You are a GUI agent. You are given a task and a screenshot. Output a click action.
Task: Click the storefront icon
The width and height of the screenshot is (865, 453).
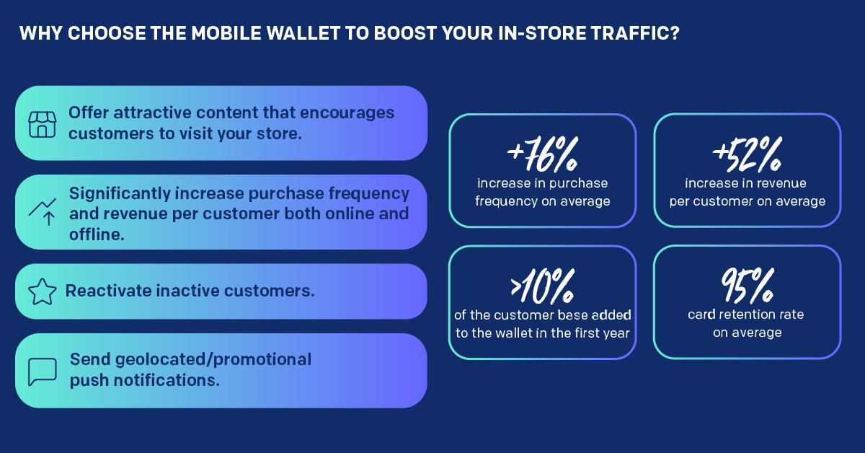tap(42, 125)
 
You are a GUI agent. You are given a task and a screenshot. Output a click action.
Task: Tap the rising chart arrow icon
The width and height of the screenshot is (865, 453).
tap(42, 212)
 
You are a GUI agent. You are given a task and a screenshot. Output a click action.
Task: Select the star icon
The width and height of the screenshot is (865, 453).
tap(42, 292)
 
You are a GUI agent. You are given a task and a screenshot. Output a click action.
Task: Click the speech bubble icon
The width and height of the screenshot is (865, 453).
tap(42, 371)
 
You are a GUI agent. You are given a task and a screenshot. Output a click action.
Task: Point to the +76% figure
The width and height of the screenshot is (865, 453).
tap(542, 154)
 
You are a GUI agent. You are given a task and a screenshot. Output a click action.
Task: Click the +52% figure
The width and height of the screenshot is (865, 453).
tap(748, 154)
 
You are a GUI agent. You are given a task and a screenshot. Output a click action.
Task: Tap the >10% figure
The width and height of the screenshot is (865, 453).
tap(542, 286)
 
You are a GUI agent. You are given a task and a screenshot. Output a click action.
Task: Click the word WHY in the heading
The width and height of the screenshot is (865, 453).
tap(41, 33)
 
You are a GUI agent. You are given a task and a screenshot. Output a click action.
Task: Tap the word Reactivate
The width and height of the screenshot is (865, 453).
tap(108, 291)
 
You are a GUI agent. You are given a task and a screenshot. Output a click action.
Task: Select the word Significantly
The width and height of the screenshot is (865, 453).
tap(120, 193)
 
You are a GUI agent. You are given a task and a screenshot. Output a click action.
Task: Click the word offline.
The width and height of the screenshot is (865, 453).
tap(97, 234)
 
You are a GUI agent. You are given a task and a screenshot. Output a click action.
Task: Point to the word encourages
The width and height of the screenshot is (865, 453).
tap(347, 113)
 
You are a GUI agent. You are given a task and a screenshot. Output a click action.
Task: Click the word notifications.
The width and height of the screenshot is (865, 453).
tap(167, 380)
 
